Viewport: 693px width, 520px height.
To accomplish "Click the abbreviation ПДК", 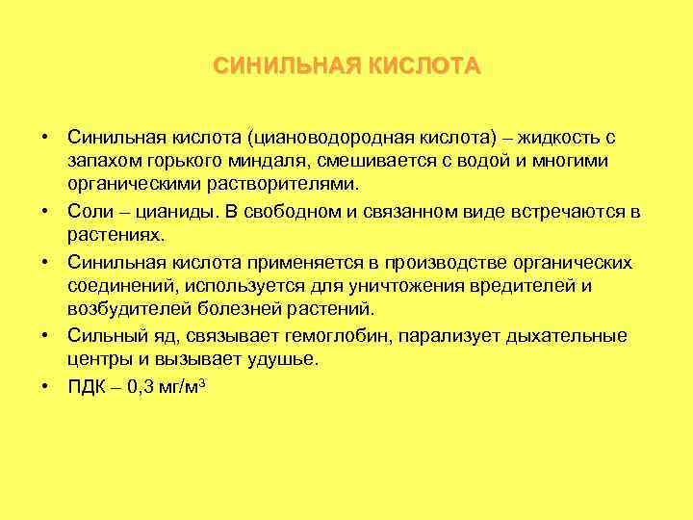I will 86,386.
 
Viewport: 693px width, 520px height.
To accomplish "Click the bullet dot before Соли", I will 45,210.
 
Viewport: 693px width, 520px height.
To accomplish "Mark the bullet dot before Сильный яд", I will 45,335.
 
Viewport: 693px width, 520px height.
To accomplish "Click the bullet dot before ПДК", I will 45,386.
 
